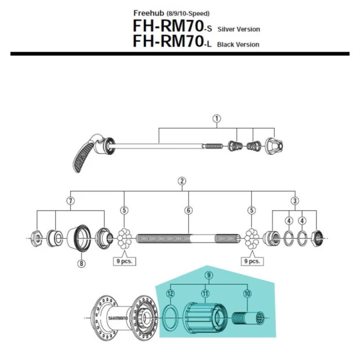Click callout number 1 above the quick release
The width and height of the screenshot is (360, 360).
[217, 118]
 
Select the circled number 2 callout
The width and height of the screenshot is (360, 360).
[182, 181]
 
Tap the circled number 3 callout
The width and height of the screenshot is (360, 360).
[295, 200]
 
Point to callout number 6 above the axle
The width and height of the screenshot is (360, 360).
[188, 210]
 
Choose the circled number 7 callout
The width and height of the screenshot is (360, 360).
[70, 200]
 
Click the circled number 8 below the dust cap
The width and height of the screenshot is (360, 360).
[81, 263]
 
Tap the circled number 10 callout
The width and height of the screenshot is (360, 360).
[247, 294]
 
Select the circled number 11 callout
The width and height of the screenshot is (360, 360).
[204, 294]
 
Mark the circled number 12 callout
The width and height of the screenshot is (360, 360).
[170, 294]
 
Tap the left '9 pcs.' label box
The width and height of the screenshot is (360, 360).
[124, 261]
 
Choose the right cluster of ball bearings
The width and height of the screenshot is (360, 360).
[251, 239]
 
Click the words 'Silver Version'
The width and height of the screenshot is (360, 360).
[239, 29]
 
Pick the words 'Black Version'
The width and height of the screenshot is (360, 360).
[238, 44]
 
